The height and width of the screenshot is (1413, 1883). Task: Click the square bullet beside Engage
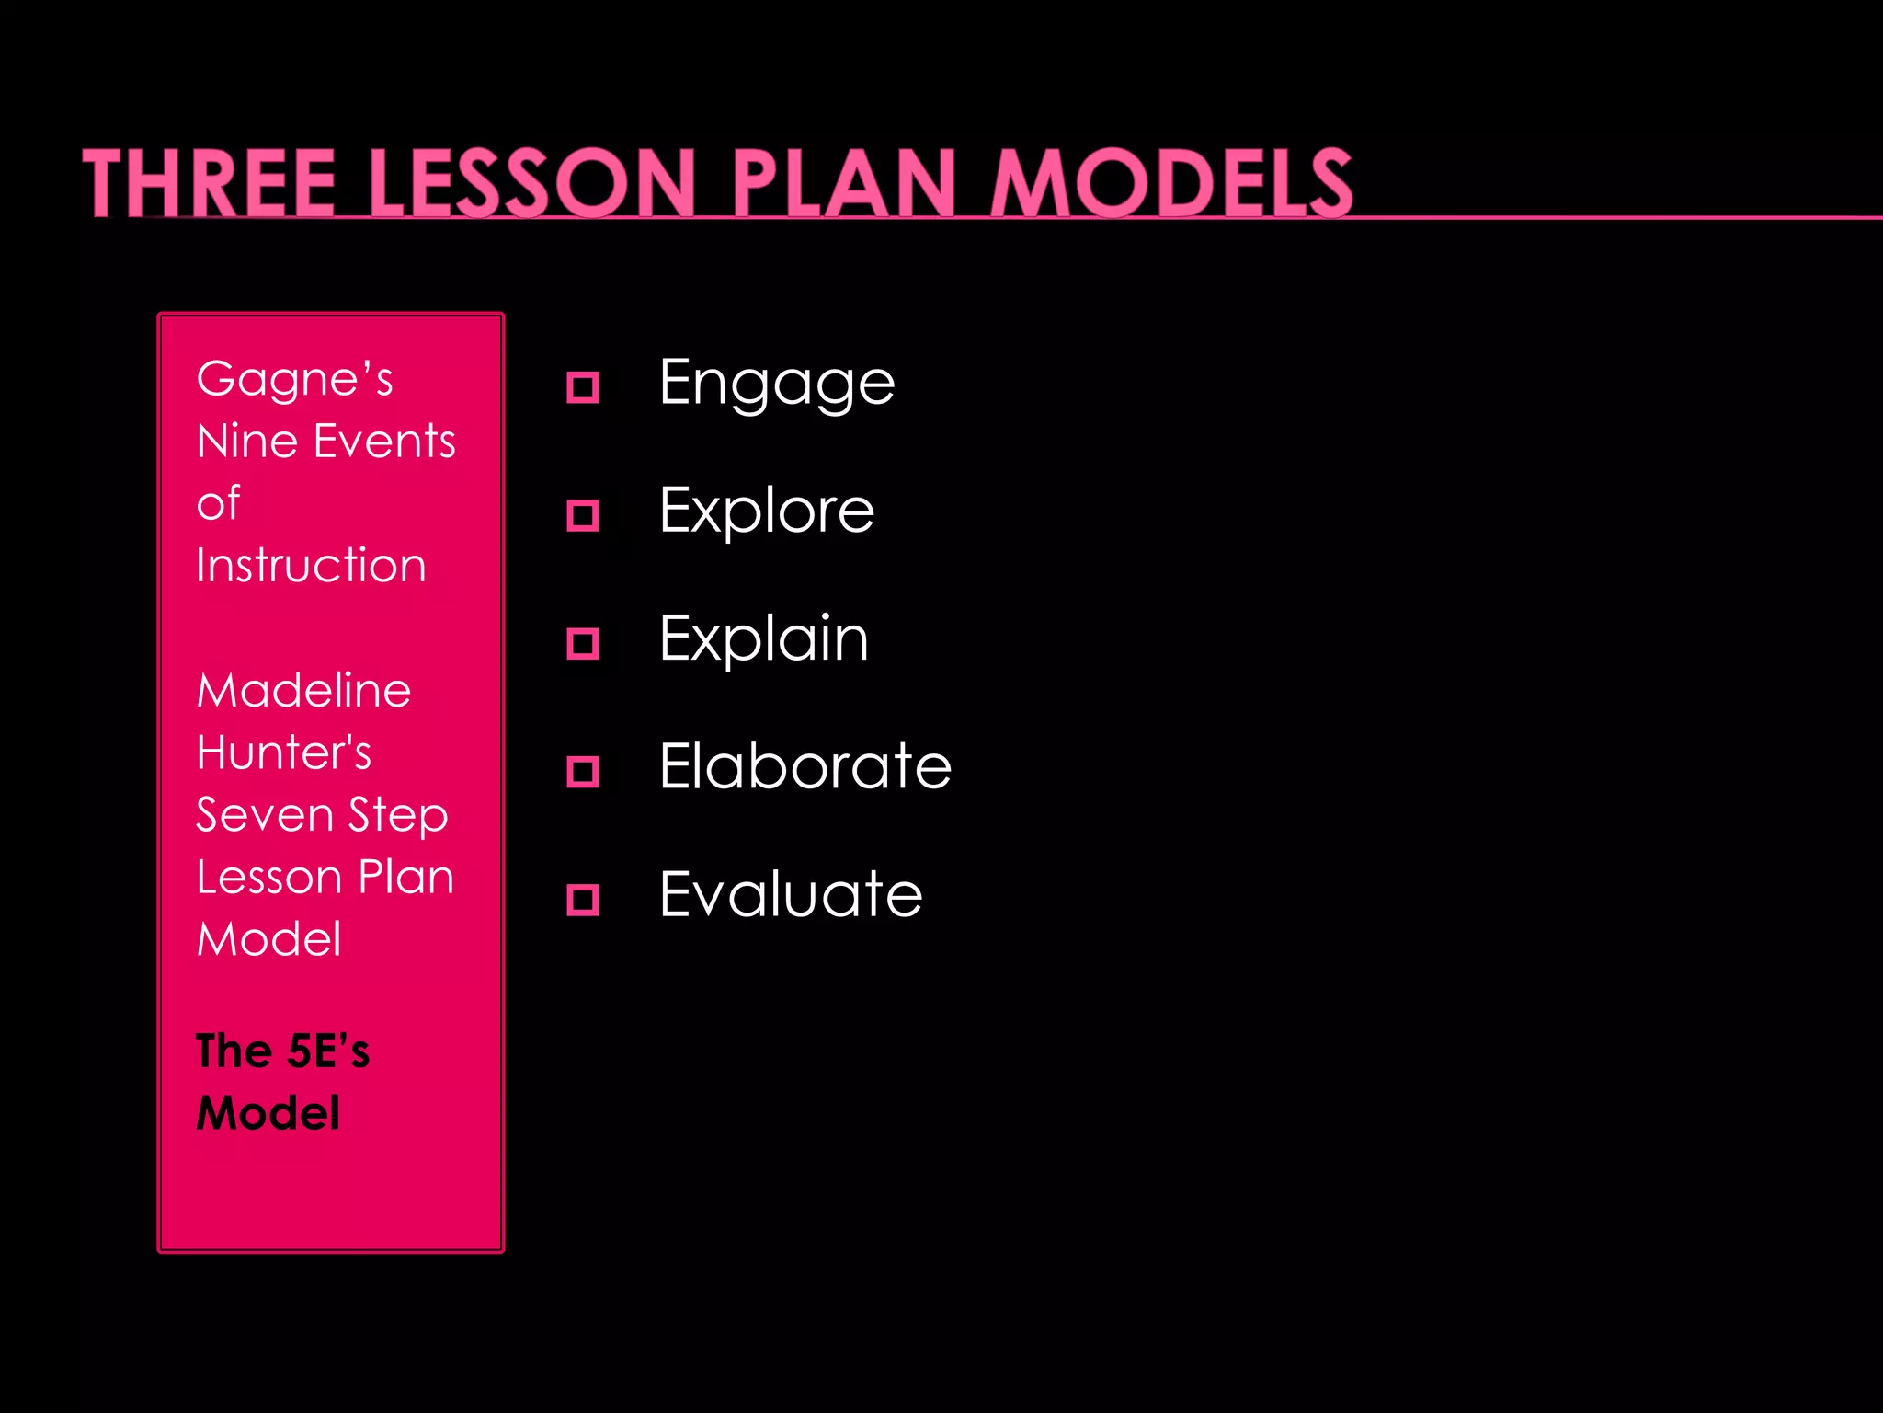(583, 387)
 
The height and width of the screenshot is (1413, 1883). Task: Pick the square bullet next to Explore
(583, 515)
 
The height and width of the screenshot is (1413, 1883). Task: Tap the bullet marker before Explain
(583, 643)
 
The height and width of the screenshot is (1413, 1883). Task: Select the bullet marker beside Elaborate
(583, 771)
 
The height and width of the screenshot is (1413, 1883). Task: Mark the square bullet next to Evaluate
(583, 899)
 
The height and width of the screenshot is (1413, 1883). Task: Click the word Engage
(777, 384)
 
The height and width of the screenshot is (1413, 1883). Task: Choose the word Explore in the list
(767, 511)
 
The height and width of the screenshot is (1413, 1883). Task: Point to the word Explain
(763, 638)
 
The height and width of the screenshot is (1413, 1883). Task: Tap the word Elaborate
(805, 766)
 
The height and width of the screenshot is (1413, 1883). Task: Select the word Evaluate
(791, 894)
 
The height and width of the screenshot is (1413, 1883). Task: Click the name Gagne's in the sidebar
(294, 379)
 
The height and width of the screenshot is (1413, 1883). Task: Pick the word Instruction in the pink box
(311, 565)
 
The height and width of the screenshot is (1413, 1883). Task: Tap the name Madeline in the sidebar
(303, 690)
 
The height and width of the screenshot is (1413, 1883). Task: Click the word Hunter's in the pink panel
(283, 752)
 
